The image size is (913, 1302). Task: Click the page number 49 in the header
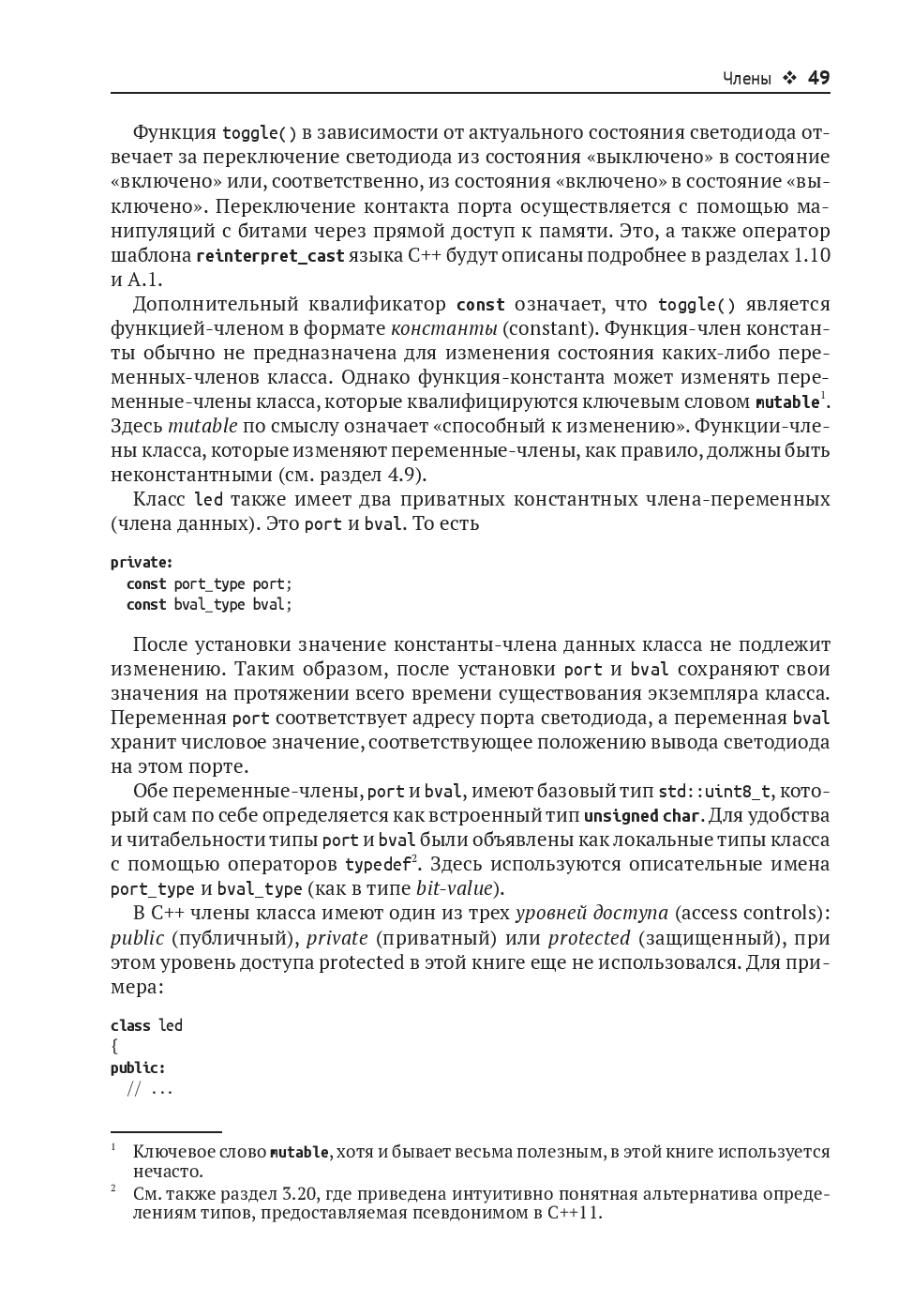(818, 78)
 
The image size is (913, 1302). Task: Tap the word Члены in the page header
(746, 79)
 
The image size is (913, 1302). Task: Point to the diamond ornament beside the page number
(789, 79)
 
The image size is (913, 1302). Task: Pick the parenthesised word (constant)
(549, 328)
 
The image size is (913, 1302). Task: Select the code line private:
(142, 563)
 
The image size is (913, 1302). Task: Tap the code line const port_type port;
(209, 583)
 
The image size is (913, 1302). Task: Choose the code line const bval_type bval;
(209, 605)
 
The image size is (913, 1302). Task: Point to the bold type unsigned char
(641, 815)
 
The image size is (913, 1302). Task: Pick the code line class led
(146, 1025)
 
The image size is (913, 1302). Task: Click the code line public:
(138, 1068)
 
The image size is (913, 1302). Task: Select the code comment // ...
(134, 1089)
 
